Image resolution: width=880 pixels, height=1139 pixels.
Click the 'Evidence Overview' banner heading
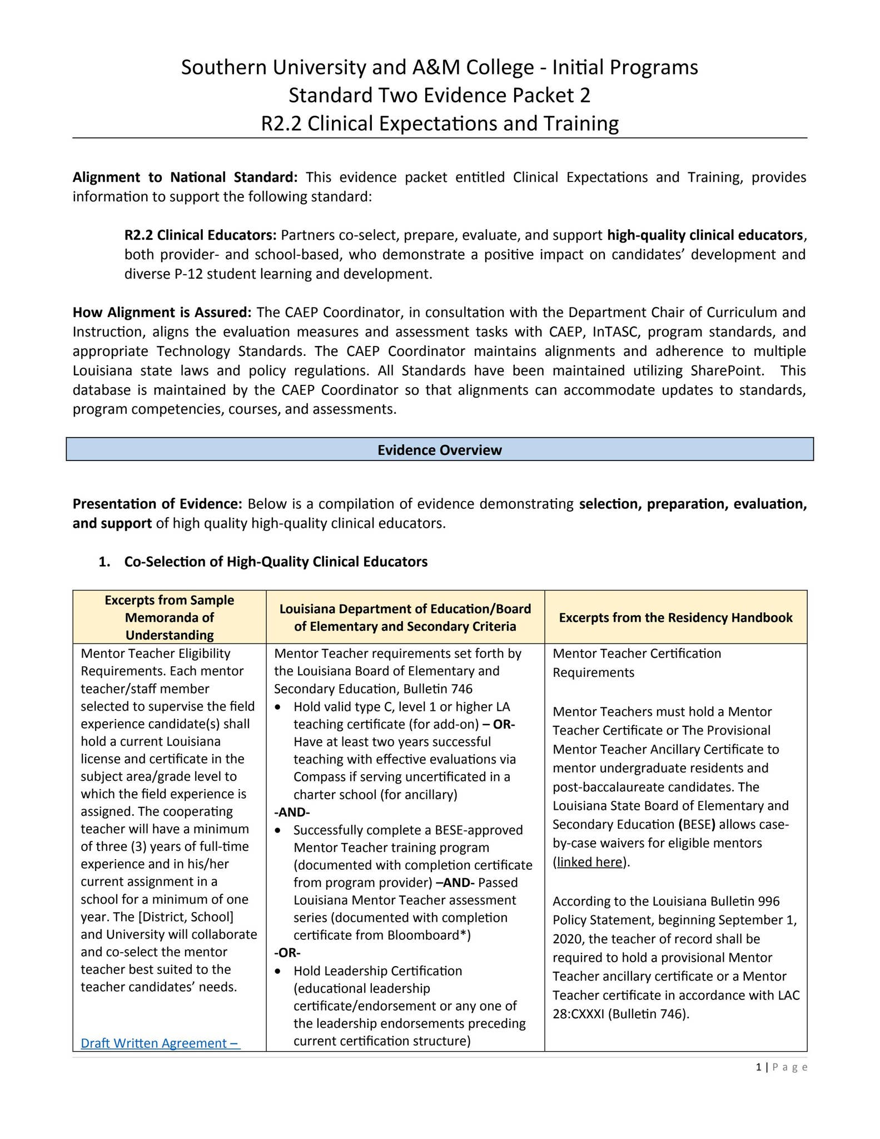point(439,450)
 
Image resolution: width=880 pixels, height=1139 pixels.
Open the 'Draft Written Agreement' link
point(160,1043)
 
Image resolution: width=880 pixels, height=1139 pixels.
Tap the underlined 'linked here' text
point(589,862)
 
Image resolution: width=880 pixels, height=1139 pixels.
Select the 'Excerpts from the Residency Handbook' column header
point(675,617)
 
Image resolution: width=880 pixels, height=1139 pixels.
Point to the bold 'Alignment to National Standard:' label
point(185,177)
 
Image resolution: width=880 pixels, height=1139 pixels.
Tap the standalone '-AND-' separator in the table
point(292,812)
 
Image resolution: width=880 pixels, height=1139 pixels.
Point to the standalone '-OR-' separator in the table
point(287,953)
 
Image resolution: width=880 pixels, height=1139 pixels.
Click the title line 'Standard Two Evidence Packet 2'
point(439,96)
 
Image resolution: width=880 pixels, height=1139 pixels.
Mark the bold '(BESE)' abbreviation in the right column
point(697,824)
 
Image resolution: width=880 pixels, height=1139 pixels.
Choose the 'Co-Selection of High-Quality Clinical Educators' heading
point(276,562)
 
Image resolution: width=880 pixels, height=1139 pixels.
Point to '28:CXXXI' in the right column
point(578,1014)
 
